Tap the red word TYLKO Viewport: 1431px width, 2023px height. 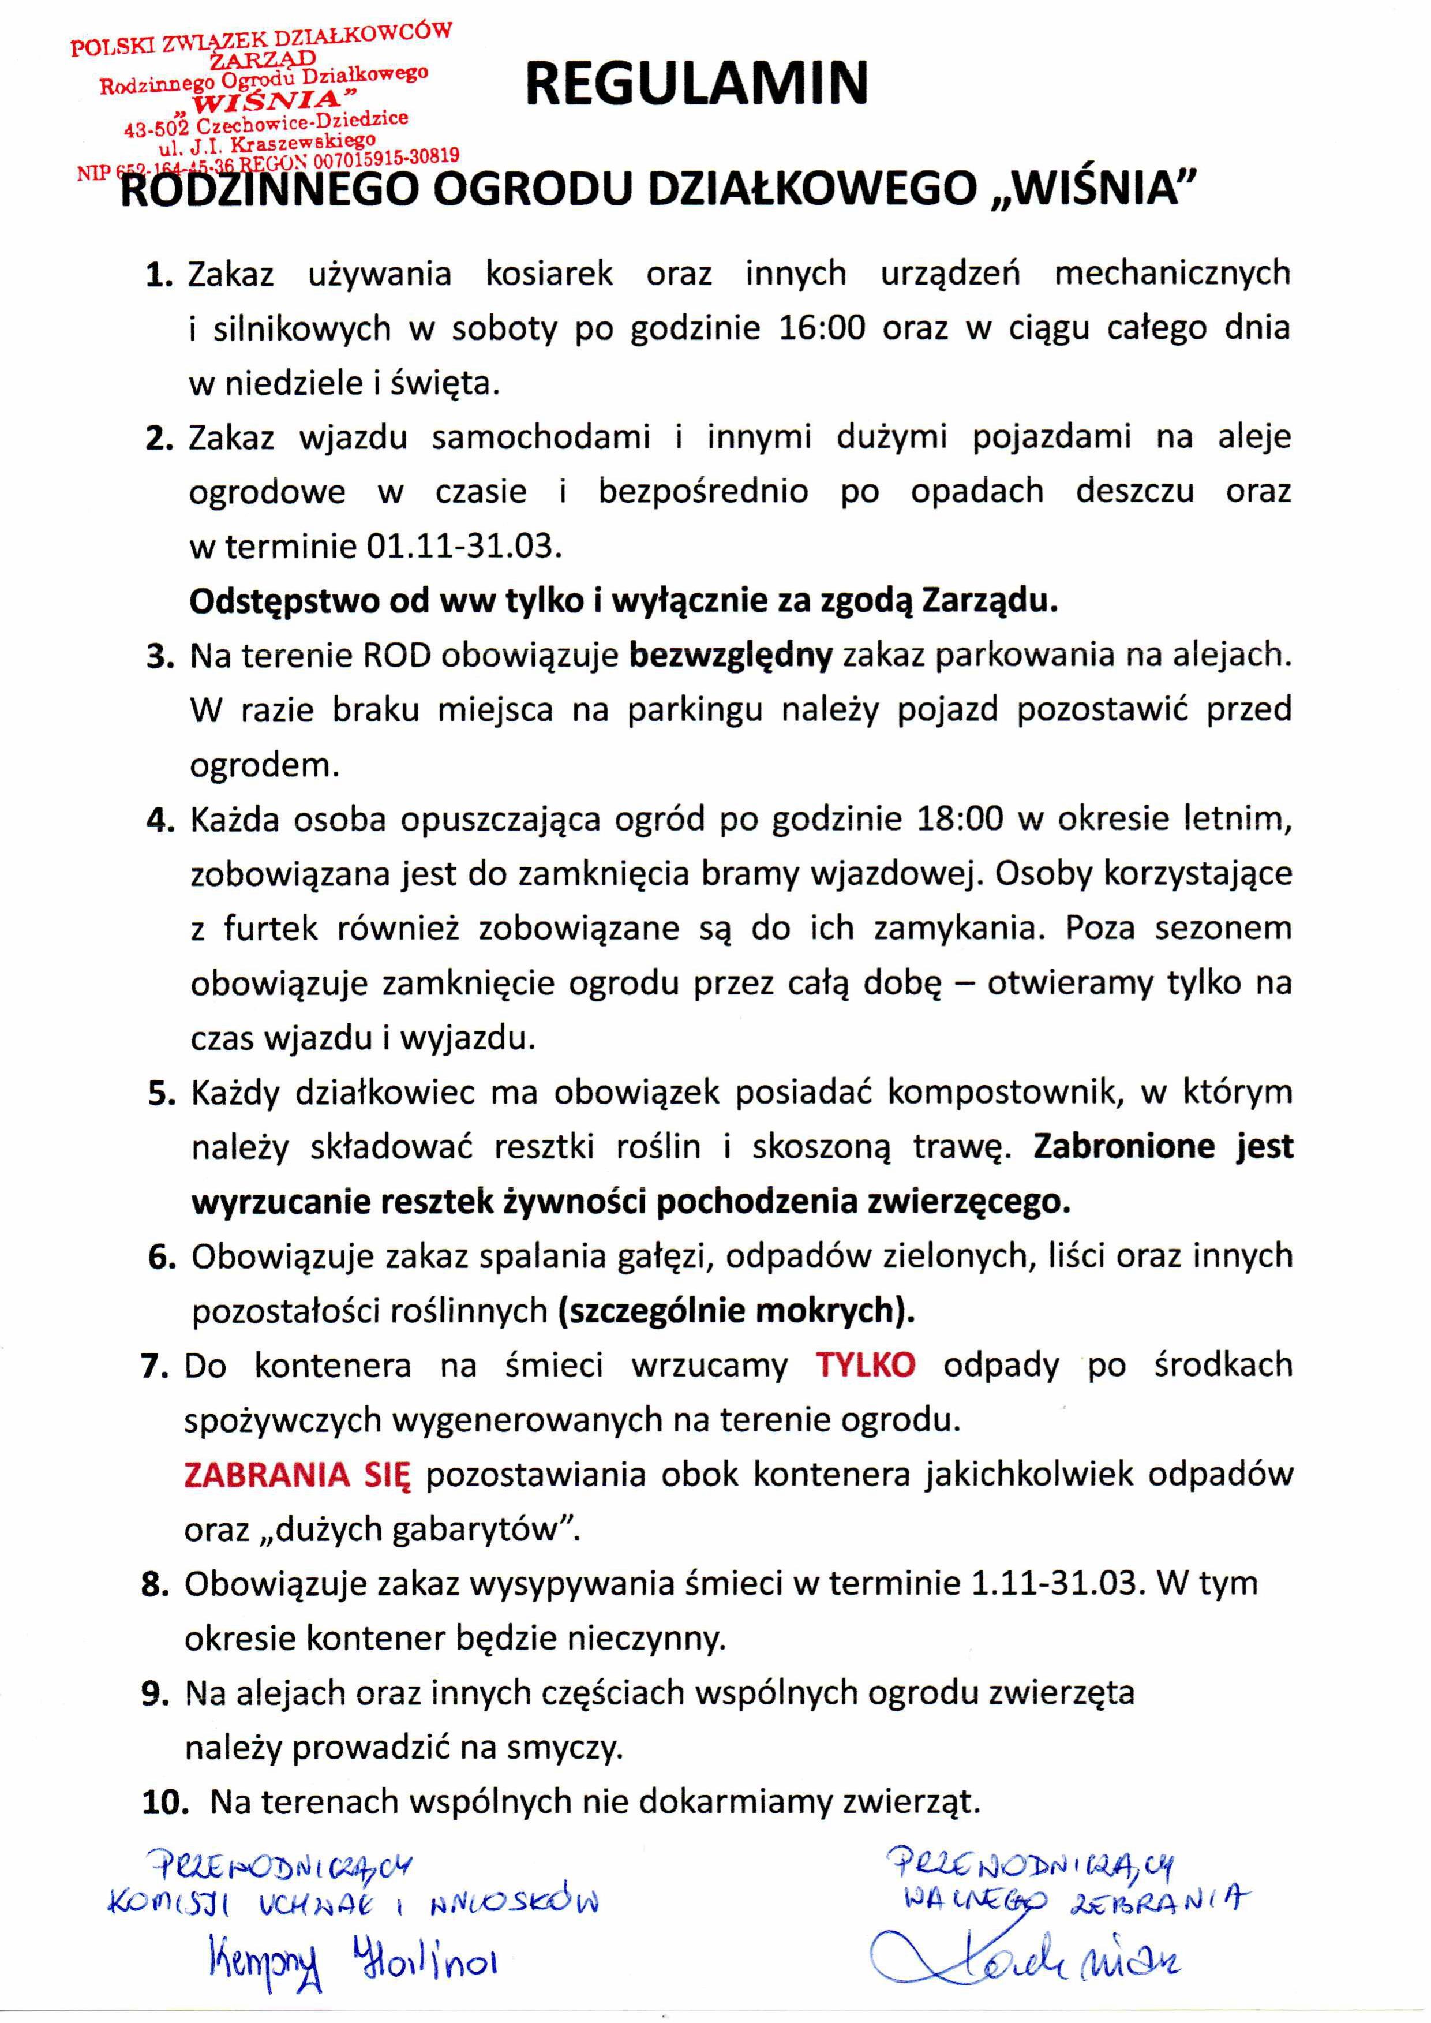click(x=866, y=1364)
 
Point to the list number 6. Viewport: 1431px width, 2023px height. click(x=162, y=1257)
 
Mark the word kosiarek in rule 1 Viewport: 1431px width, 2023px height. click(x=549, y=274)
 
